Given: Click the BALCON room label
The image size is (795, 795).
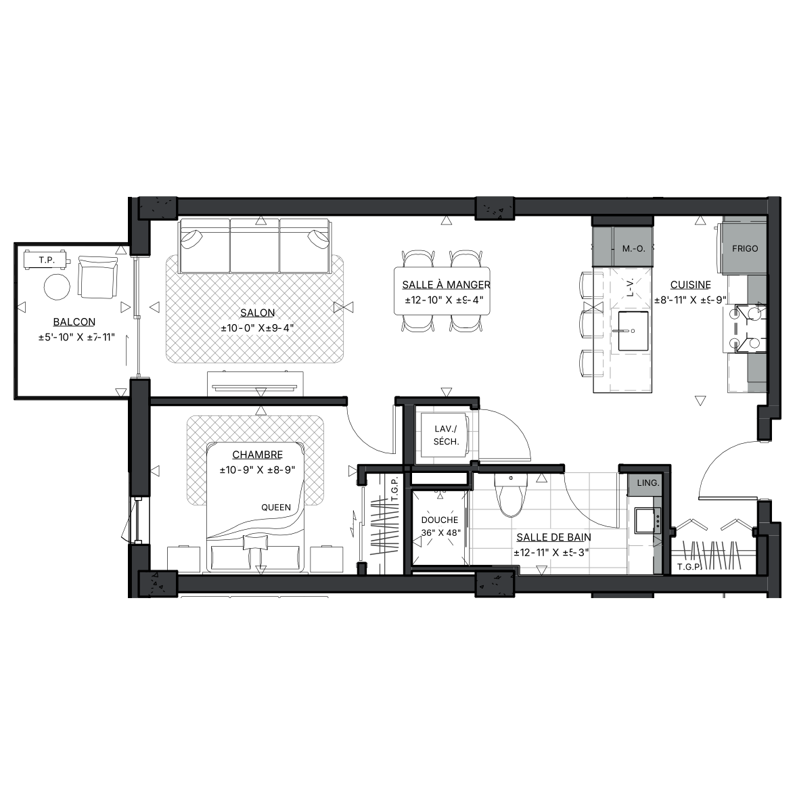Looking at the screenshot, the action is click(74, 322).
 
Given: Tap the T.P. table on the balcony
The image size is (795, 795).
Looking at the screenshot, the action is click(46, 260).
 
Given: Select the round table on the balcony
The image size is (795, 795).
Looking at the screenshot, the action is click(57, 287).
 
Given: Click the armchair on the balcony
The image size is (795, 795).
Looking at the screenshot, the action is click(98, 277).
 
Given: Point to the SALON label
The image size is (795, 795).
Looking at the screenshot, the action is click(258, 313).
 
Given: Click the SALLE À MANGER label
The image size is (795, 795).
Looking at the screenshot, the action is click(446, 285).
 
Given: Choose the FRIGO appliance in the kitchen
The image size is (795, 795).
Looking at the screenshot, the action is click(744, 248).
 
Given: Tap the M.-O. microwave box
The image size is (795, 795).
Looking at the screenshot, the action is click(633, 248).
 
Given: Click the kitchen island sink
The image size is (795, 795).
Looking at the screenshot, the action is click(633, 331).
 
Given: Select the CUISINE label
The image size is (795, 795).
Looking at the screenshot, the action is click(691, 285).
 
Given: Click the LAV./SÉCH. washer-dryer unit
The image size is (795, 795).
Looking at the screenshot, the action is click(446, 436).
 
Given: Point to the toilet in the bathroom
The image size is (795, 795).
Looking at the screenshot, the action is click(511, 495).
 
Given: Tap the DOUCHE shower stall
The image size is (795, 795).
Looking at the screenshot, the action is click(439, 527).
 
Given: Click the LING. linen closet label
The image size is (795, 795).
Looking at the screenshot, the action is click(648, 482).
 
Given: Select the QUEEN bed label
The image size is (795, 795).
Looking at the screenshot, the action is click(276, 507).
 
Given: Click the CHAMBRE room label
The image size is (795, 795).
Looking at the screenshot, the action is click(258, 455).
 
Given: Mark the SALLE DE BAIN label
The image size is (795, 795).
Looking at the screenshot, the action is click(553, 537).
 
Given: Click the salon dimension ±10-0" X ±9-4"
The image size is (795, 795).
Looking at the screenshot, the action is click(258, 329).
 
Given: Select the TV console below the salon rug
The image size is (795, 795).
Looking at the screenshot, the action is click(255, 384).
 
